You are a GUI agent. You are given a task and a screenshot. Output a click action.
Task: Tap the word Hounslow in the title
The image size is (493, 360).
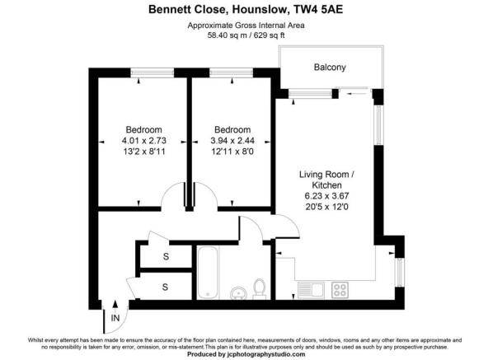tap(246, 11)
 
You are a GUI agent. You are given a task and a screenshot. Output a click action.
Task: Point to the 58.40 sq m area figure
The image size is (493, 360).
tap(223, 36)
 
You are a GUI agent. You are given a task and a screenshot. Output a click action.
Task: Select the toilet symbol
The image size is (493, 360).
tap(259, 288)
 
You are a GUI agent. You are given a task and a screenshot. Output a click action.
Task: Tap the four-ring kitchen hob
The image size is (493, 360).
tap(339, 290)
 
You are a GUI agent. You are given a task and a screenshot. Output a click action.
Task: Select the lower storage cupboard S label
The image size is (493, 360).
tap(165, 287)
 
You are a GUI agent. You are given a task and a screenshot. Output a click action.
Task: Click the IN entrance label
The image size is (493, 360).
tap(115, 317)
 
